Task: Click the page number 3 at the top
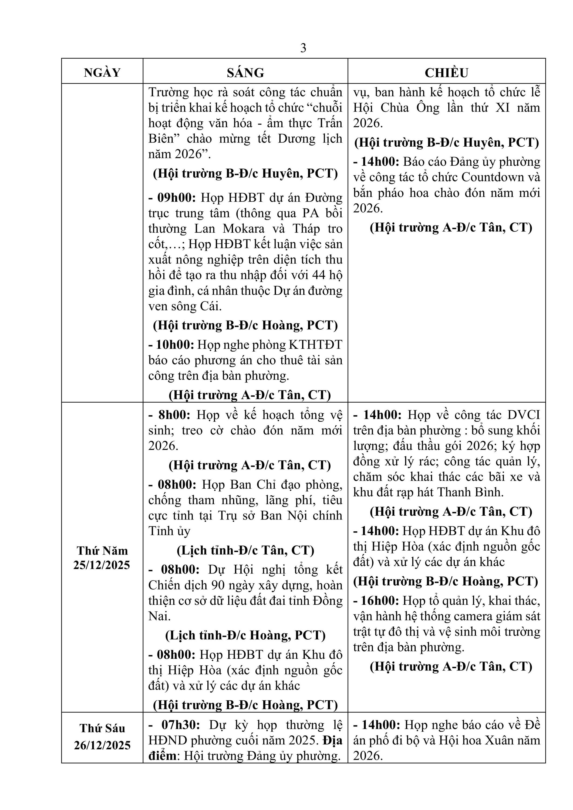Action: tap(303, 48)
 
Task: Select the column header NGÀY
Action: tap(102, 73)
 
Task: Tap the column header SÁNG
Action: tap(245, 73)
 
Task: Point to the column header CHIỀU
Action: tap(446, 73)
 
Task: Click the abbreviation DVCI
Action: tap(524, 415)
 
